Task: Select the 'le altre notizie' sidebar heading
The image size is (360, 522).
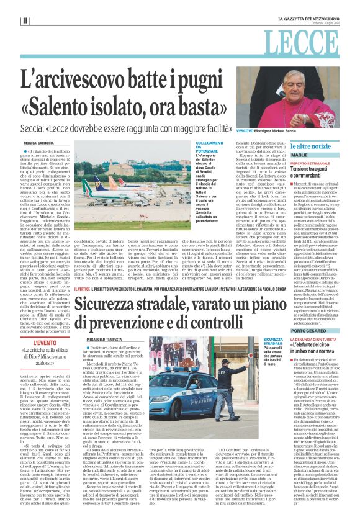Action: [x=308, y=145]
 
